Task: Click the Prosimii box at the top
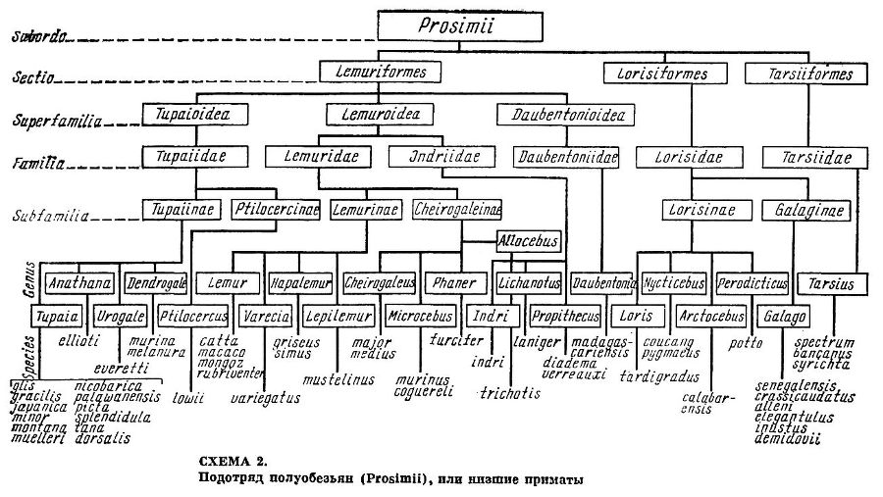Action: click(x=460, y=27)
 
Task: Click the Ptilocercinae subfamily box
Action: click(x=276, y=209)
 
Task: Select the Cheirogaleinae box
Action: click(x=457, y=209)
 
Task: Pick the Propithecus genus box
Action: click(x=564, y=317)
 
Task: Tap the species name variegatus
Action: click(x=266, y=400)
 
